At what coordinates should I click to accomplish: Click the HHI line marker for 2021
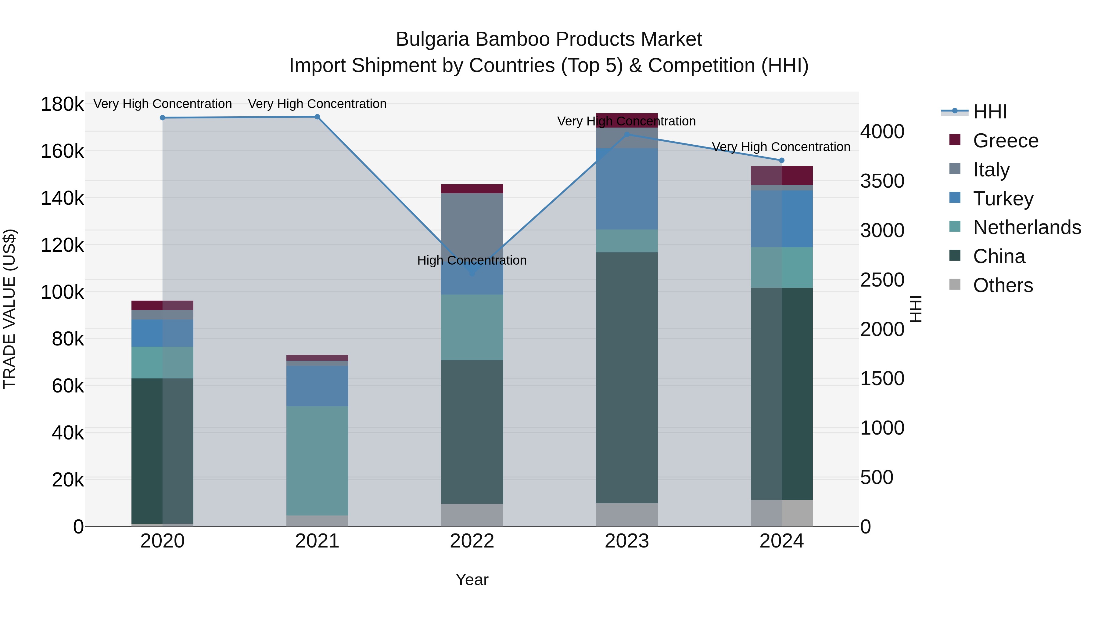[x=317, y=117]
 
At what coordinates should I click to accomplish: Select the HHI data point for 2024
[x=781, y=160]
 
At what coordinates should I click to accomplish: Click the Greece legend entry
[x=1006, y=141]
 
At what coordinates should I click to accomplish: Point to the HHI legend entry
[x=990, y=112]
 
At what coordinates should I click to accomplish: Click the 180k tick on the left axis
[x=62, y=104]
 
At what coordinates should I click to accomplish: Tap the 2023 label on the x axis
[x=626, y=541]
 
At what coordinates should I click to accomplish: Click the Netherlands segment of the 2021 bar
[x=317, y=461]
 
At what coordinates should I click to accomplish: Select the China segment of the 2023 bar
[x=626, y=378]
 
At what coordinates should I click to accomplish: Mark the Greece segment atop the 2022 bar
[x=472, y=189]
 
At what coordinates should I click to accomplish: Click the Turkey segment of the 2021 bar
[x=317, y=386]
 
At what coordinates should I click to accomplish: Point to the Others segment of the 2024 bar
[x=781, y=513]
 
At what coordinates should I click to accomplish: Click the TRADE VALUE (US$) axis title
[x=9, y=309]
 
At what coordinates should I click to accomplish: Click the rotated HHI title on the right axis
[x=916, y=309]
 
